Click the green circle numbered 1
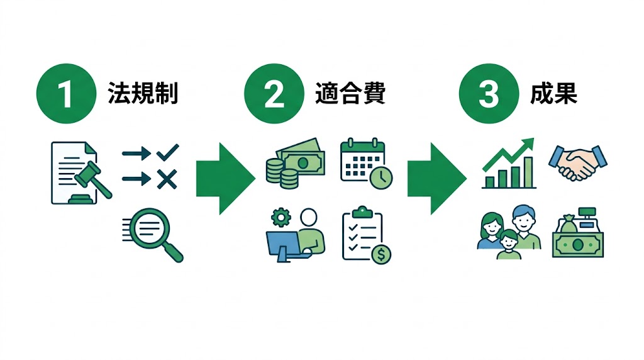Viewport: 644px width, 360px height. point(65,94)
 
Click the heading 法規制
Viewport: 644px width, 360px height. point(143,94)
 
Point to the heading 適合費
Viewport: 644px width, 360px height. point(350,94)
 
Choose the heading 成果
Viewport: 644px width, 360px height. point(553,94)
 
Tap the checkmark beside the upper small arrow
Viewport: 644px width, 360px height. point(167,152)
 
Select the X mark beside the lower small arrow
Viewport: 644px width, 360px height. point(167,180)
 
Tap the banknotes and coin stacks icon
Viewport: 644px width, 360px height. point(294,162)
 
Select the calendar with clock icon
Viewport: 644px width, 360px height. point(365,162)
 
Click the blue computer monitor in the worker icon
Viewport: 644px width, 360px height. point(283,242)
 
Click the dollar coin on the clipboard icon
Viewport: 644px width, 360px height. point(380,254)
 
